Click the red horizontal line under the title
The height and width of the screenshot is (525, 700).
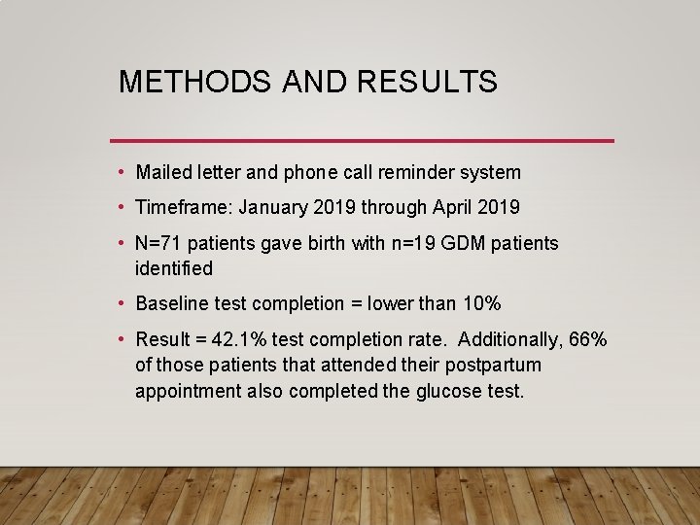point(362,141)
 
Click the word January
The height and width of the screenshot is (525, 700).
point(272,208)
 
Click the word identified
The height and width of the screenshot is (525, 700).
point(174,268)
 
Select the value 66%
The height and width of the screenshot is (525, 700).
point(588,340)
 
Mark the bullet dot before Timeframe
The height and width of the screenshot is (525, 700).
point(120,208)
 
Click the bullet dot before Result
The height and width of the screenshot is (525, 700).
point(120,340)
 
